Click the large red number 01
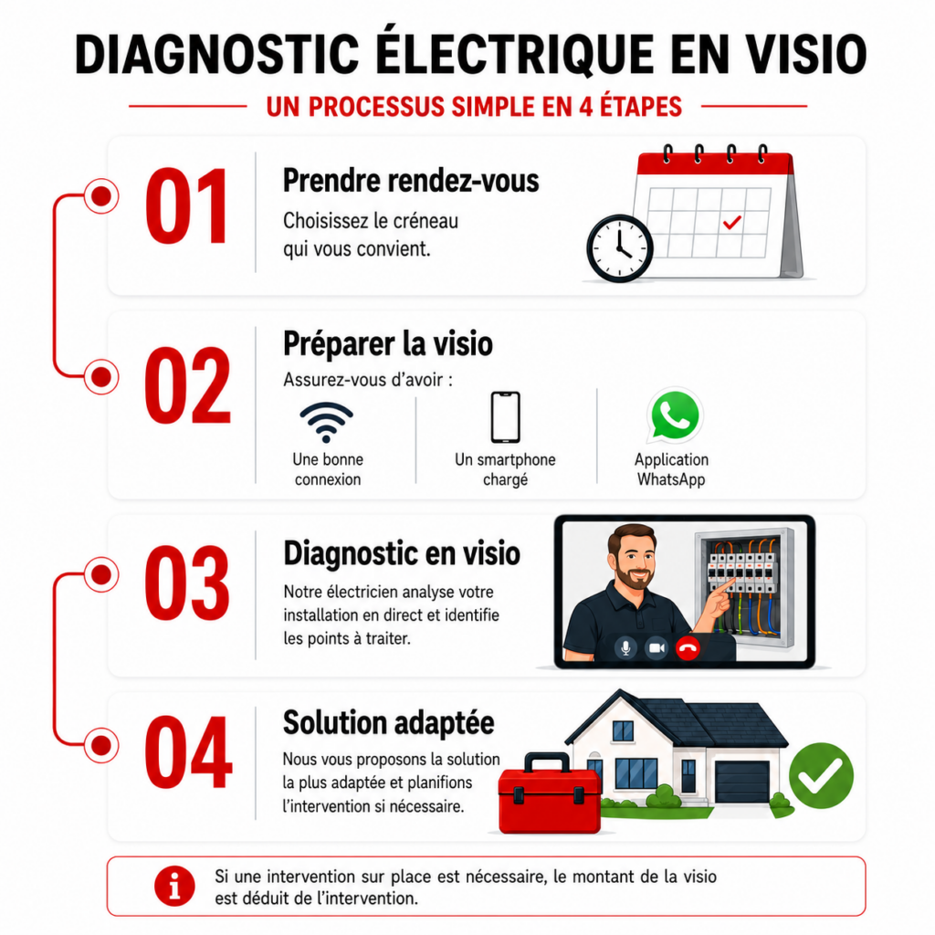coord(186,205)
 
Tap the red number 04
coord(188,751)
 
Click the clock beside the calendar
coord(620,248)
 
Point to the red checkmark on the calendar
coord(731,223)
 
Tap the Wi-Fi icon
coord(326,422)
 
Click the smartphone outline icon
coord(505,417)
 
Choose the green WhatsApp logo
coord(675,415)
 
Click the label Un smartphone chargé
coord(505,469)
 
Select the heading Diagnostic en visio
coord(402,552)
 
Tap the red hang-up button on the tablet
coord(688,647)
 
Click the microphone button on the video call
coord(625,647)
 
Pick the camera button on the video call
coord(657,647)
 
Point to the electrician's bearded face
coord(634,561)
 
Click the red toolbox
coord(550,794)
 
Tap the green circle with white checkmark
coord(821,775)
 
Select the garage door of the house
coord(743,782)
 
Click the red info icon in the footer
coord(174,886)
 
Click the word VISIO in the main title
coord(807,54)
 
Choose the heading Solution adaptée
coord(389,723)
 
